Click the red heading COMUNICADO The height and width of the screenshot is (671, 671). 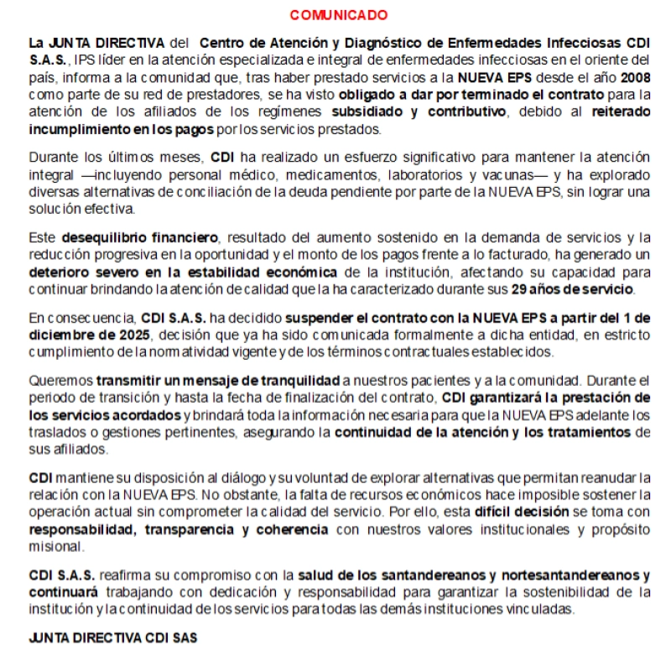click(338, 15)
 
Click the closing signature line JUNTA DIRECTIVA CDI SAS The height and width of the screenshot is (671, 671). click(112, 637)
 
